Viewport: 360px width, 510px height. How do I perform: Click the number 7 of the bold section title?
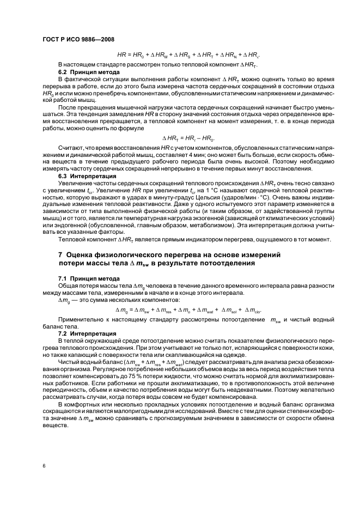pyautogui.click(x=60, y=254)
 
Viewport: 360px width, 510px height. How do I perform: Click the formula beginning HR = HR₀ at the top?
pyautogui.click(x=188, y=54)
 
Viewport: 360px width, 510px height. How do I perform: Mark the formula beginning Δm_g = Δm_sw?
pyautogui.click(x=188, y=311)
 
